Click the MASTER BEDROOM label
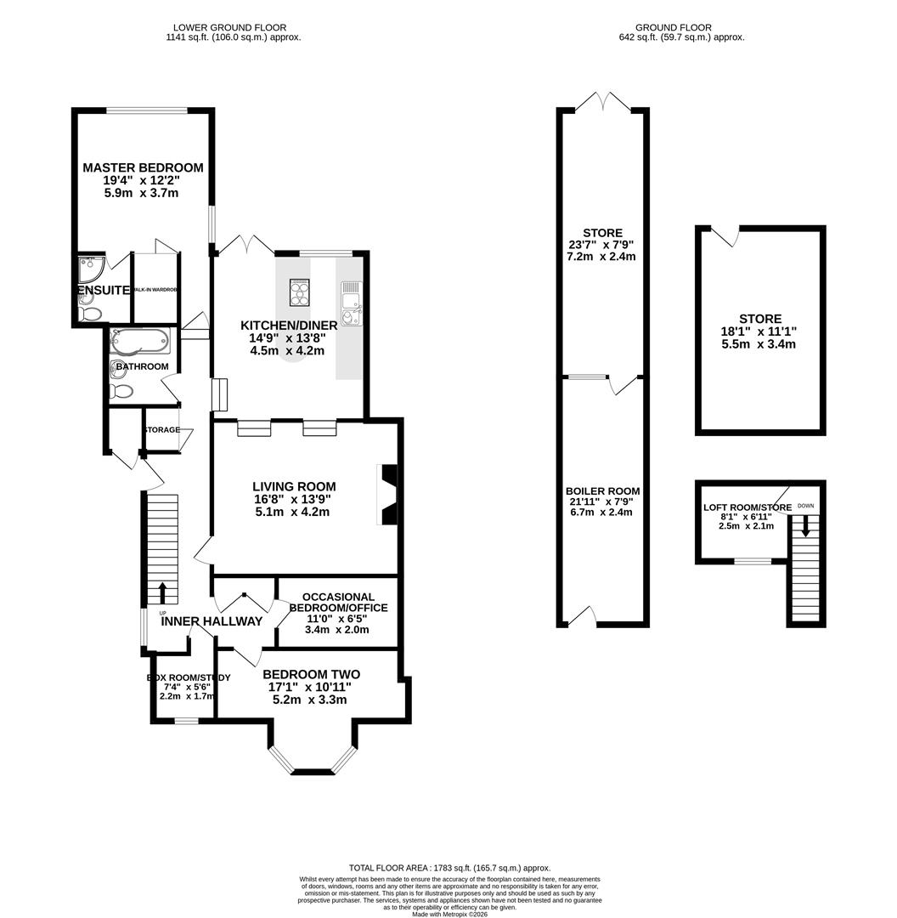coord(143,167)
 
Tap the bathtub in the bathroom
coord(140,342)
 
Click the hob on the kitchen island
coord(300,292)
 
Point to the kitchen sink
coord(350,300)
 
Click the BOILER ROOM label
coord(602,491)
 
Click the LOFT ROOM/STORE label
coord(747,507)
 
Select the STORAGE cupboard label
coord(161,430)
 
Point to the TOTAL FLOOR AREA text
coord(448,868)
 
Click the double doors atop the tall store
coord(603,103)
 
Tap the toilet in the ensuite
coord(88,314)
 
